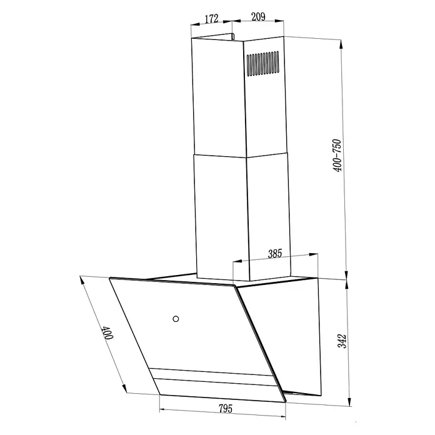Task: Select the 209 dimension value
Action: click(258, 17)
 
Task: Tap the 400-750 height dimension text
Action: click(337, 156)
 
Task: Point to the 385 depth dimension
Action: click(275, 254)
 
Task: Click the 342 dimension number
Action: click(342, 341)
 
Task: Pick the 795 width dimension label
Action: click(226, 408)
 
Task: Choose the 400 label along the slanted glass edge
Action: click(107, 333)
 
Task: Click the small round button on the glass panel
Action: click(176, 319)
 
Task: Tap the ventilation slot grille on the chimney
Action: click(263, 64)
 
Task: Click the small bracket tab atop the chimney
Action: click(232, 36)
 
